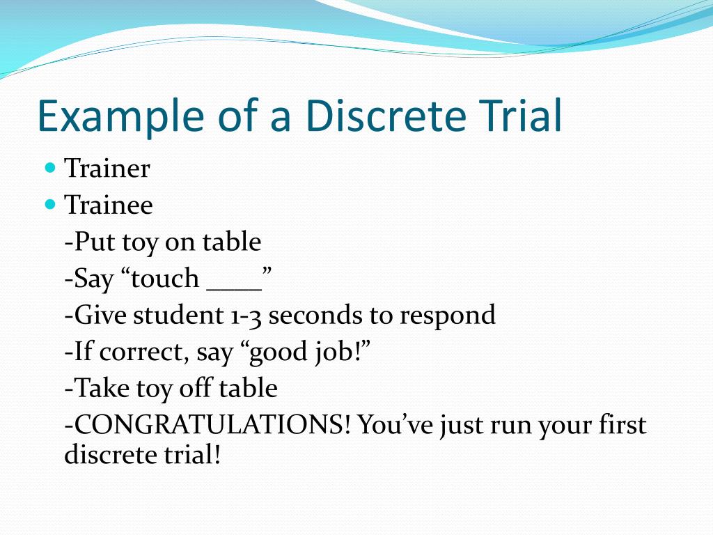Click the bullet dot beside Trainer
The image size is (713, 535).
[49, 168]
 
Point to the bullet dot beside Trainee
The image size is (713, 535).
[49, 205]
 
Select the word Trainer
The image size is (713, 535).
[107, 169]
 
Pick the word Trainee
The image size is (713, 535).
[109, 206]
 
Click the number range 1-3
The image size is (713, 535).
[245, 316]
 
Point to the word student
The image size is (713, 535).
[175, 316]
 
